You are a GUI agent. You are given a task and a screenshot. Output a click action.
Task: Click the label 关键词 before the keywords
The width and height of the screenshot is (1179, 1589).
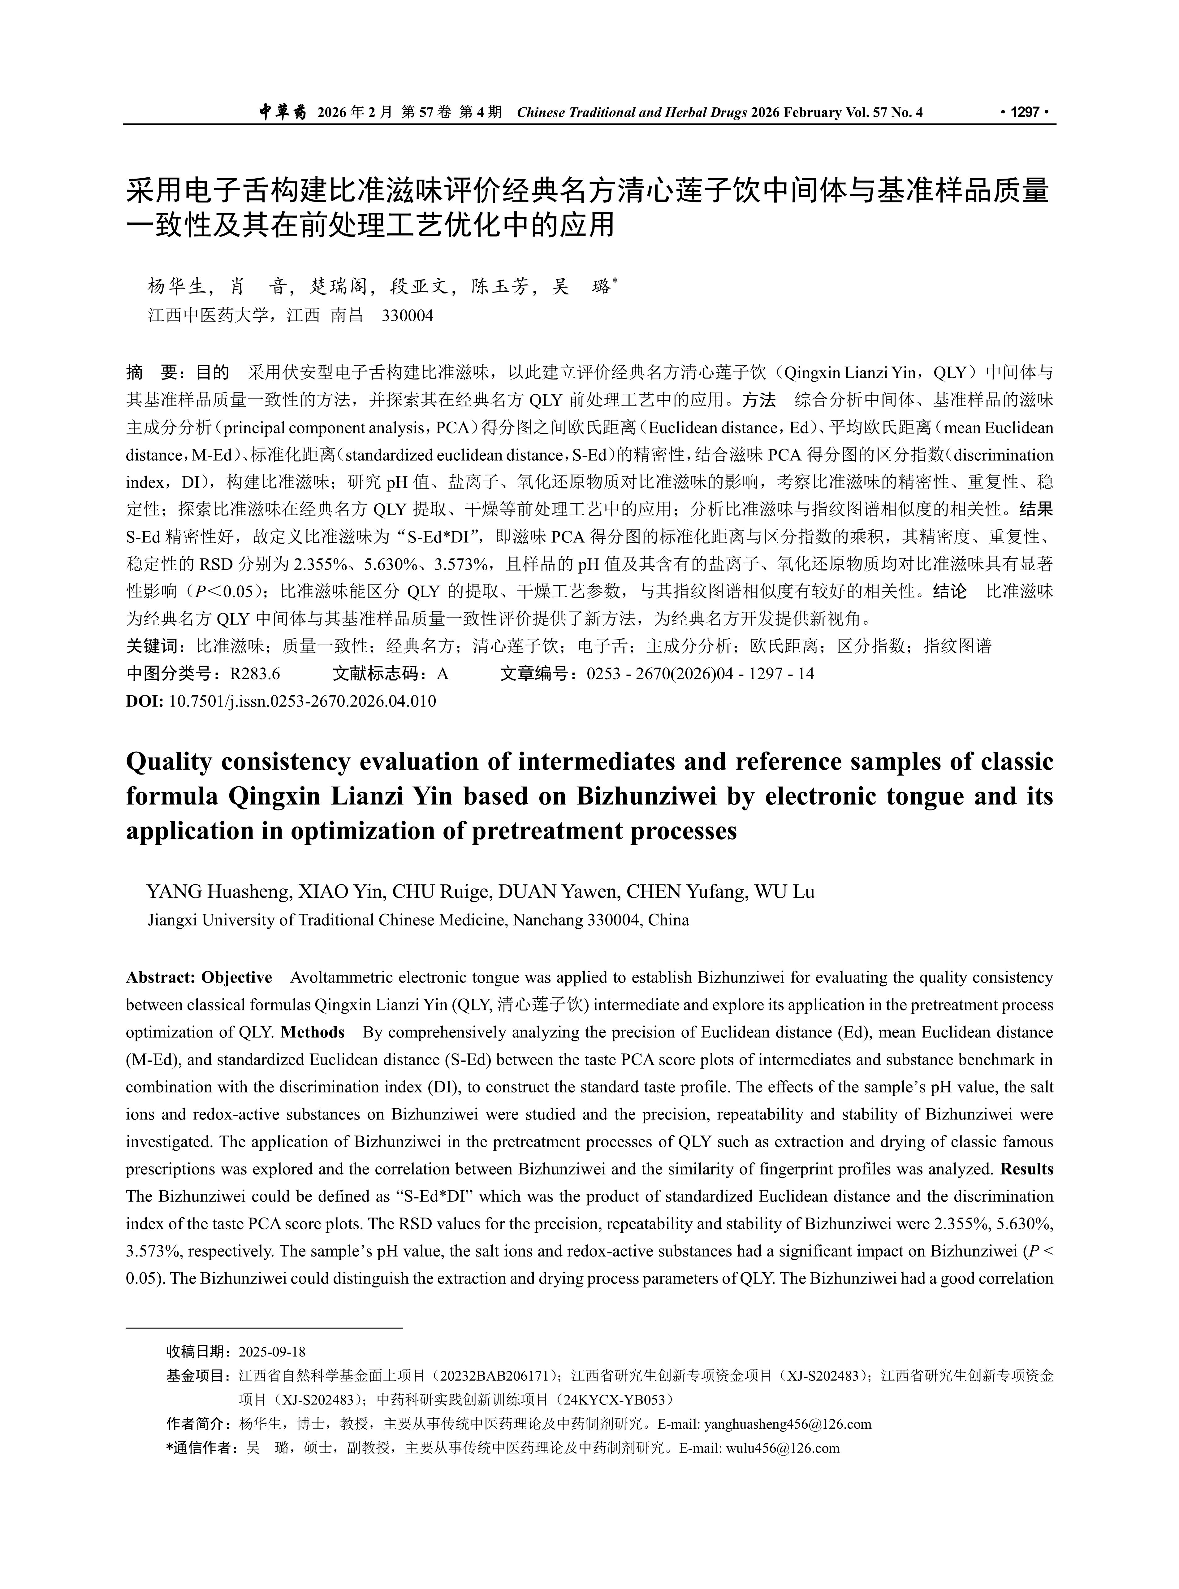[152, 647]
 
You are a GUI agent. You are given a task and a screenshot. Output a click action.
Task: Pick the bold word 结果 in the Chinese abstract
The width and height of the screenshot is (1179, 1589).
[1036, 510]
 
